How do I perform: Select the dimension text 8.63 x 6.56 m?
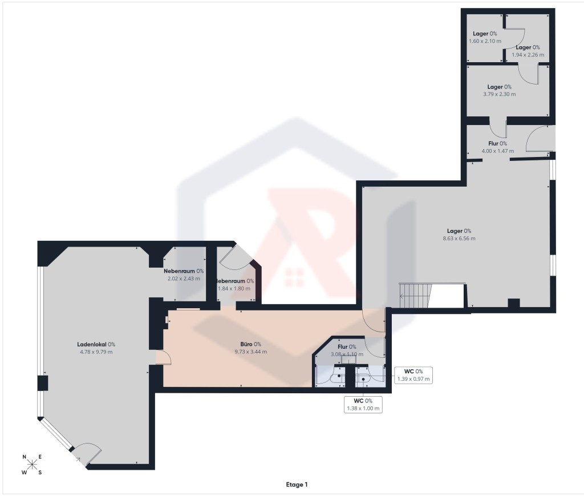click(459, 239)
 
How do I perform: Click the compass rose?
click(32, 465)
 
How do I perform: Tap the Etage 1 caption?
click(297, 485)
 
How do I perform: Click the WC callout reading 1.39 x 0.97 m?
click(413, 375)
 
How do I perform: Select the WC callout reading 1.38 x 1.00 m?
click(363, 405)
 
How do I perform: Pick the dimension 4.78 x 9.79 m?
click(96, 352)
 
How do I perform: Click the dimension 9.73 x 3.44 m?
click(251, 352)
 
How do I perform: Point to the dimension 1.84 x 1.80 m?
click(234, 288)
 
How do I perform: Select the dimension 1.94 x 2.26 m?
click(528, 55)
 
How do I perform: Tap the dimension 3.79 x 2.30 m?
click(500, 94)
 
